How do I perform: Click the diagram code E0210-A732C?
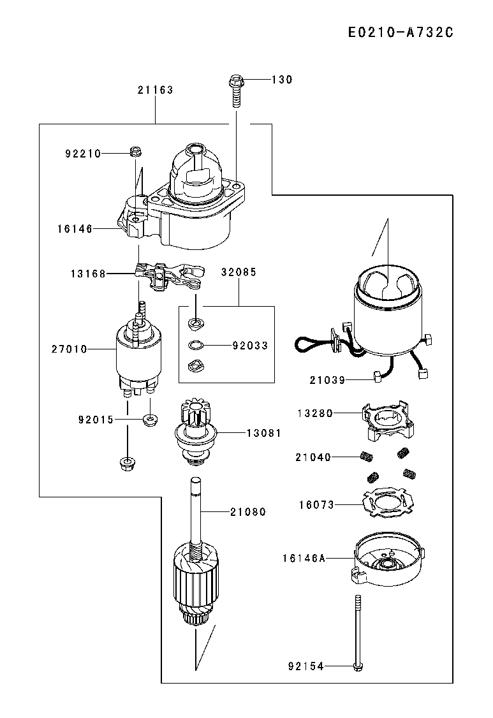(x=401, y=33)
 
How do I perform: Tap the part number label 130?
(x=282, y=80)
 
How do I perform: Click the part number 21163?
(x=156, y=90)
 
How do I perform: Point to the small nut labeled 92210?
(x=136, y=152)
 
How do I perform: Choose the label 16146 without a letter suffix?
(x=75, y=228)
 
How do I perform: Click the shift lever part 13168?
(x=168, y=277)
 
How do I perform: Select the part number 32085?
(x=239, y=272)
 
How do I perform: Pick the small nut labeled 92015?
(x=150, y=419)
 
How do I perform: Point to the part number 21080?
(x=248, y=511)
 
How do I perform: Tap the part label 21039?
(x=327, y=380)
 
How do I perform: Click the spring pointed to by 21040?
(x=366, y=457)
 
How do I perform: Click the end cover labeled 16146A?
(x=388, y=560)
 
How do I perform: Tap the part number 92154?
(x=305, y=666)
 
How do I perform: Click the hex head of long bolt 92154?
(x=358, y=666)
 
